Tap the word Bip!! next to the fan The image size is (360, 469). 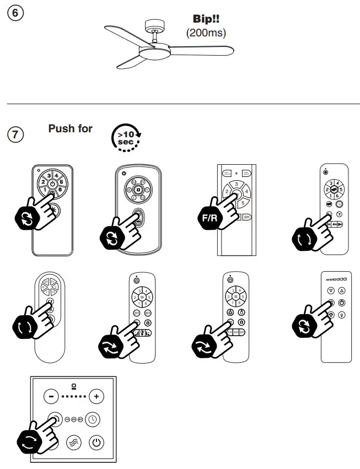(207, 19)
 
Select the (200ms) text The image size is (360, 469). (207, 33)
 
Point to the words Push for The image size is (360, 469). (71, 128)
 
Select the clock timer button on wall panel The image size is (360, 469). (93, 419)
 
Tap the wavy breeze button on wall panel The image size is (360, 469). (74, 443)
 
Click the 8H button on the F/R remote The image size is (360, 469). (247, 217)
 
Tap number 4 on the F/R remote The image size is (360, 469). (247, 192)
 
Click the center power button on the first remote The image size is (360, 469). (52, 184)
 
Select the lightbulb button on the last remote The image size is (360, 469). (342, 315)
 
